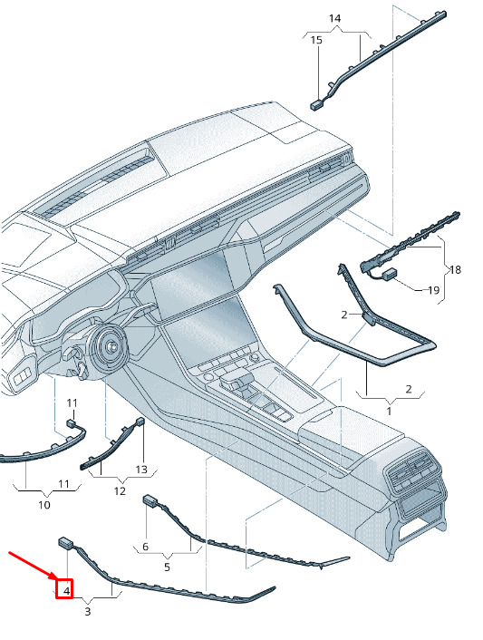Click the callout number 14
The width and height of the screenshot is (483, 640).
coord(334,18)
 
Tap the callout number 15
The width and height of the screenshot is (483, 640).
coord(316,40)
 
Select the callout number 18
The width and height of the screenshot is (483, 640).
coord(455,269)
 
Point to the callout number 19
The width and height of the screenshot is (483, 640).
coord(433,290)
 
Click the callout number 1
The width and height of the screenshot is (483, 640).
coord(389,411)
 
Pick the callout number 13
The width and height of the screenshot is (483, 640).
coord(141,470)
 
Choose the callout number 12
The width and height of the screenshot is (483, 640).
coord(120,491)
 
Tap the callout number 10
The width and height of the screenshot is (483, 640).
coord(44,505)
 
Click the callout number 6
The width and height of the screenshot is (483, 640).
coord(146,547)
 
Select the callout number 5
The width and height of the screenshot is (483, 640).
coord(167,567)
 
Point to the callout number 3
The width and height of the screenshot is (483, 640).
coord(87,611)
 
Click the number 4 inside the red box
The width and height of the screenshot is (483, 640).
coord(66,591)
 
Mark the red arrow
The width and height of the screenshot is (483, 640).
coord(32,566)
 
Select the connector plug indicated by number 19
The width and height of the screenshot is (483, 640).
coord(391,273)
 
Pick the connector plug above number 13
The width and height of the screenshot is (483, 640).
coord(140,422)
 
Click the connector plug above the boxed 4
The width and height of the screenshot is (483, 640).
coord(66,542)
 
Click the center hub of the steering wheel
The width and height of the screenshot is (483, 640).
coord(111,346)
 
